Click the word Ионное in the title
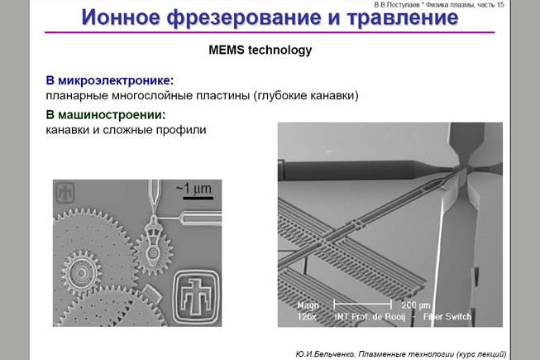(121, 17)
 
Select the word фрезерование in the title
(244, 18)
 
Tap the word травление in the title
(403, 18)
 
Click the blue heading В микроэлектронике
(109, 80)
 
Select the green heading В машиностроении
(105, 115)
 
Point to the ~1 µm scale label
(194, 189)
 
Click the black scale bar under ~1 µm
(198, 198)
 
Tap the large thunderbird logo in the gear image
(196, 297)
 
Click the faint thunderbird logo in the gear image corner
(65, 193)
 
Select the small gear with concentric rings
(81, 273)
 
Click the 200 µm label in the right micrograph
(416, 305)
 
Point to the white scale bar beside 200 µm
(363, 305)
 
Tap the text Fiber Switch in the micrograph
(447, 317)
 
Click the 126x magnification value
(307, 317)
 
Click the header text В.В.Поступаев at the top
(397, 5)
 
